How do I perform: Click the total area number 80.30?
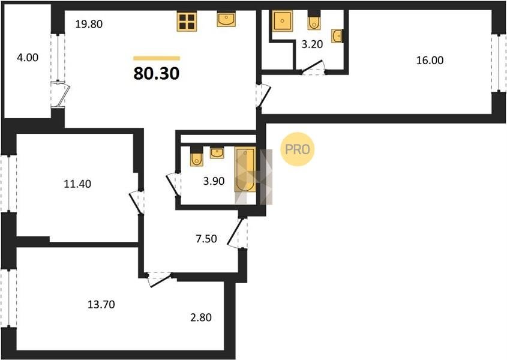[x=157, y=73]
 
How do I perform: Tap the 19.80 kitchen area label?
[x=89, y=24]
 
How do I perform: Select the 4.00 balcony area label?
[x=28, y=58]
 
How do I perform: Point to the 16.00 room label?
[x=430, y=60]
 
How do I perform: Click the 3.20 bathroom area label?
[x=312, y=44]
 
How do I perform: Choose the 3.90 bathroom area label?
[x=214, y=181]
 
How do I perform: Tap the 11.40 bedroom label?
[x=77, y=184]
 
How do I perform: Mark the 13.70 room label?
[x=101, y=304]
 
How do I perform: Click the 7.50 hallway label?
[x=206, y=239]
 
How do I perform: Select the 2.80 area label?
[x=201, y=317]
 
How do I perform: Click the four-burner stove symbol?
[x=187, y=22]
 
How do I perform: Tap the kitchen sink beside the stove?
[x=226, y=19]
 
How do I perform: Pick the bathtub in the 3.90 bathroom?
[x=245, y=169]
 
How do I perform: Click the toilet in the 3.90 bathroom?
[x=197, y=157]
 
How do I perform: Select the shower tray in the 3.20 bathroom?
[x=283, y=21]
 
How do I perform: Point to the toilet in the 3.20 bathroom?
[x=314, y=20]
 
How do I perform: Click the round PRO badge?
[x=297, y=149]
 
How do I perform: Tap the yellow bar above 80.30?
[x=157, y=58]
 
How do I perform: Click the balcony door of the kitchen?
[x=61, y=95]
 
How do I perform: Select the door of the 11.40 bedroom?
[x=137, y=202]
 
